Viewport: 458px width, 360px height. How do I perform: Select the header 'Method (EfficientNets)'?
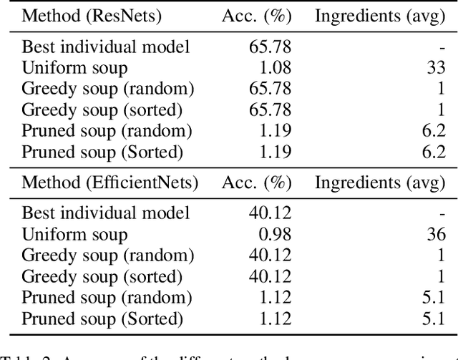point(110,182)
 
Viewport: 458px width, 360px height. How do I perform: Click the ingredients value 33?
point(436,69)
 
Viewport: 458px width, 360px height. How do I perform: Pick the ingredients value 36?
point(436,234)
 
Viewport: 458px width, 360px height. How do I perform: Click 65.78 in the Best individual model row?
point(268,48)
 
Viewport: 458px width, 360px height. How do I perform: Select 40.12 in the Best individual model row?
point(268,213)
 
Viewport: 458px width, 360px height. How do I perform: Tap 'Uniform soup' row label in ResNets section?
point(75,69)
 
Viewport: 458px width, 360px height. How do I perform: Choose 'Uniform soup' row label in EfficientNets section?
point(75,234)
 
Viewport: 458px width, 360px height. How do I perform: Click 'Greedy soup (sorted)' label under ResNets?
point(102,110)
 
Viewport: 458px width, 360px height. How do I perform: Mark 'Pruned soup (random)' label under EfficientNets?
point(107,296)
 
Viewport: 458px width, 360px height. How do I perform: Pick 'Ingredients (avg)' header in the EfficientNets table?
point(381,182)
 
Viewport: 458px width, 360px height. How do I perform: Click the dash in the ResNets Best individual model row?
point(442,48)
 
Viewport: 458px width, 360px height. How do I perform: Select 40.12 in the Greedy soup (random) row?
point(268,255)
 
